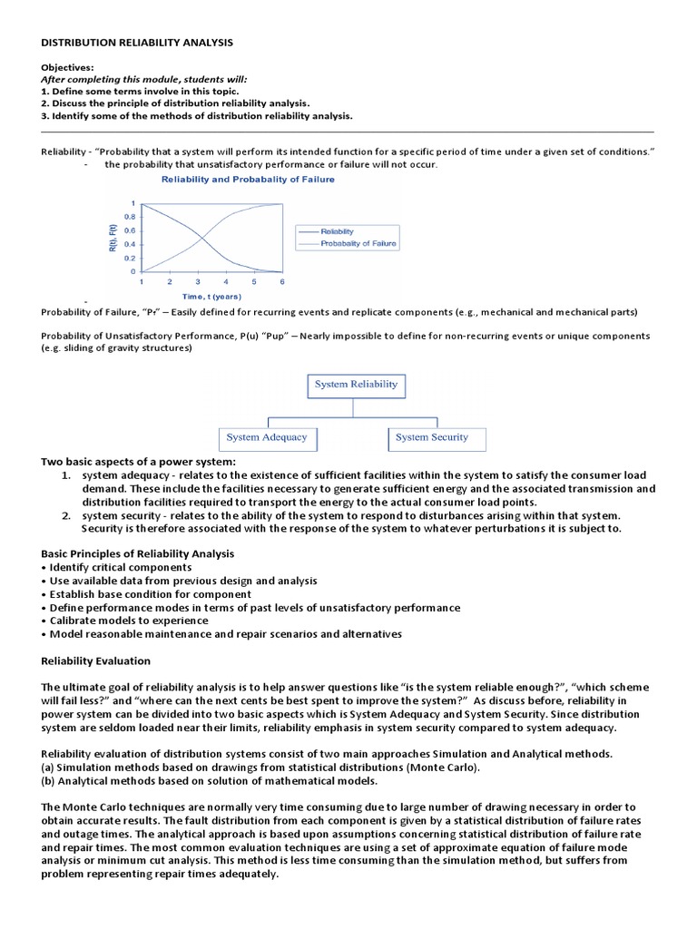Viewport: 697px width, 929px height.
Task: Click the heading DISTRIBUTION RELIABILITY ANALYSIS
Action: click(x=137, y=43)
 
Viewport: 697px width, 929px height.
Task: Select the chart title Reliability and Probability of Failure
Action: click(x=248, y=180)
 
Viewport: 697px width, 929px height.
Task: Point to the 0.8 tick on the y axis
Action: click(x=132, y=217)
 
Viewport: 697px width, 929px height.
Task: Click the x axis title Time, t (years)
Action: click(x=211, y=296)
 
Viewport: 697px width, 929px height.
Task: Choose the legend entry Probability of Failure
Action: click(x=358, y=243)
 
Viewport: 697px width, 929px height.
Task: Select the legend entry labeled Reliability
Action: click(x=338, y=231)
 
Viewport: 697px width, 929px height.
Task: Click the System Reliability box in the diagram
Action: click(x=356, y=385)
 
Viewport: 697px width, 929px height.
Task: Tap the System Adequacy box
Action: click(x=267, y=437)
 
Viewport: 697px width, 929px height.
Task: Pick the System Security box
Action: click(x=432, y=437)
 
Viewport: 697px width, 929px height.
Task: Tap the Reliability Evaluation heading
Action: click(x=96, y=660)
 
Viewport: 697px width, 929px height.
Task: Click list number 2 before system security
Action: click(x=67, y=515)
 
